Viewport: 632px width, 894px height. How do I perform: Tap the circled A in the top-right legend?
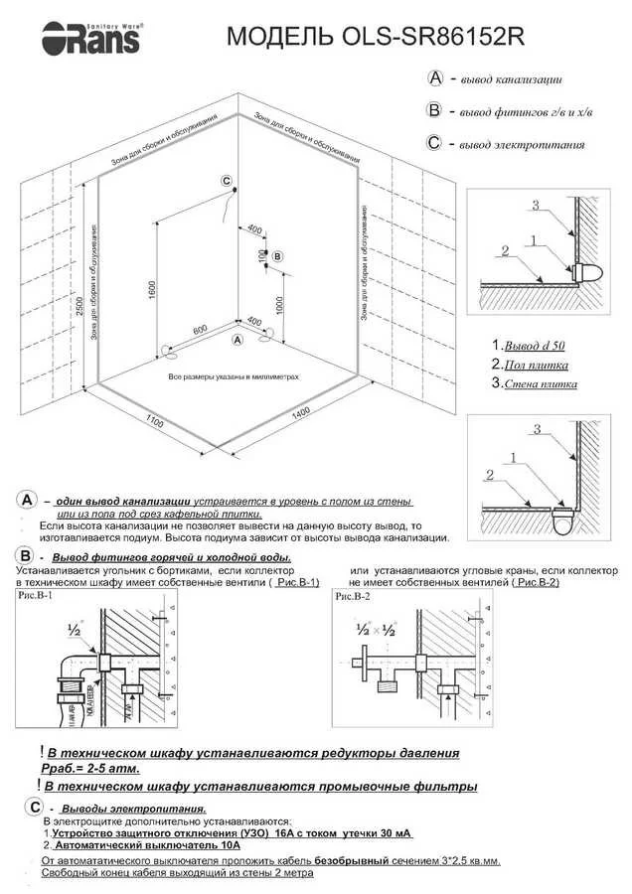[434, 77]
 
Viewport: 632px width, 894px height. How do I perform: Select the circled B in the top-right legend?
[433, 110]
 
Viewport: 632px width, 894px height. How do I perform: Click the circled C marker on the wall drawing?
[226, 181]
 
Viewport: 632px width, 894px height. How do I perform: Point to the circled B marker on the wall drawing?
[277, 256]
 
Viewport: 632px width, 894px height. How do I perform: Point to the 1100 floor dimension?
[154, 421]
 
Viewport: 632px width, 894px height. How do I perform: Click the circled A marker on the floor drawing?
[237, 340]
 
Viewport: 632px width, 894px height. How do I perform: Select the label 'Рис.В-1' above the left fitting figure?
[37, 598]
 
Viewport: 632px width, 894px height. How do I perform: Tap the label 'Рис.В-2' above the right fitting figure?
[354, 598]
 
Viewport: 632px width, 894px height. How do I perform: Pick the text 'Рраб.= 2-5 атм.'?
[90, 768]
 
